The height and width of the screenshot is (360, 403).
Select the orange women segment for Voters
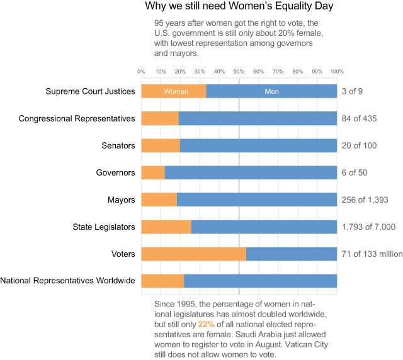(193, 254)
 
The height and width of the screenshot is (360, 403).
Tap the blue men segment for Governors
(251, 172)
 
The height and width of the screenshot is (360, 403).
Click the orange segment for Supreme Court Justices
(173, 91)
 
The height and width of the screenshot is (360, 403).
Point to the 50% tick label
(239, 71)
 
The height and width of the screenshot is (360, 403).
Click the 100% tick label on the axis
(336, 71)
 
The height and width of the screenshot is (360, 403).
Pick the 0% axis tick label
(141, 71)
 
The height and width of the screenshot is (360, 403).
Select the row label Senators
(118, 145)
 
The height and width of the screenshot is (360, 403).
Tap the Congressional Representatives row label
(77, 118)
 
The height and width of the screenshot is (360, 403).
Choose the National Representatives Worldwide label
(68, 281)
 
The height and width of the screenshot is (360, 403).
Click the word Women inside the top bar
(176, 91)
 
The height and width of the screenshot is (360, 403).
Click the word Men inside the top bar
(271, 91)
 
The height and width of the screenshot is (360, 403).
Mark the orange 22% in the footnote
(225, 323)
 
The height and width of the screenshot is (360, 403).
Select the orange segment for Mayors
(159, 200)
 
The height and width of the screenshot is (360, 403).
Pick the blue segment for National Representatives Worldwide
(260, 281)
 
